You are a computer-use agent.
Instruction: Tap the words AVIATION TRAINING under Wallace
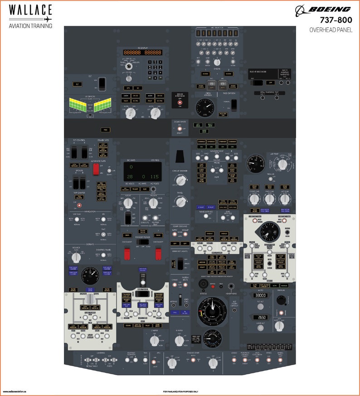pyautogui.click(x=30, y=26)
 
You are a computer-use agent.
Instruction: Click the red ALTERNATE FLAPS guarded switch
pyautogui.click(x=96, y=169)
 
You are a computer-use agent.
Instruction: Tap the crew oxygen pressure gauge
pyautogui.click(x=205, y=108)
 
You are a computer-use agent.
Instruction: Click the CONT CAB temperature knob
pyautogui.click(x=254, y=199)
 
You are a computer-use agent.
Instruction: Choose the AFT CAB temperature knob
pyautogui.click(x=285, y=199)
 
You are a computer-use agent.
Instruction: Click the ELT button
pyautogui.click(x=78, y=84)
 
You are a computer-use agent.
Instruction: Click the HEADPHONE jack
pyautogui.click(x=232, y=286)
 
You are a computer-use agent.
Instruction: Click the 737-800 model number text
pyautogui.click(x=335, y=20)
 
